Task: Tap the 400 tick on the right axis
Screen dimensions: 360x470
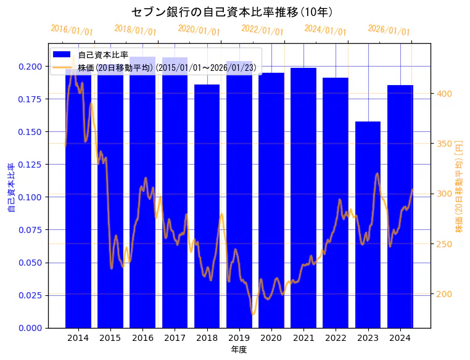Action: pyautogui.click(x=445, y=94)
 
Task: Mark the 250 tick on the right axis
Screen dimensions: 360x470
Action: pyautogui.click(x=445, y=244)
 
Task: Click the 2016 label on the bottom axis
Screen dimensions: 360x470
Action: pyautogui.click(x=142, y=338)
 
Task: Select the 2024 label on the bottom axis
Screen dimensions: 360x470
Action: pyautogui.click(x=400, y=338)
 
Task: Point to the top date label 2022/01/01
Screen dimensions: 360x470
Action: pyautogui.click(x=262, y=30)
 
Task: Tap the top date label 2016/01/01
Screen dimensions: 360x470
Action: pyautogui.click(x=72, y=30)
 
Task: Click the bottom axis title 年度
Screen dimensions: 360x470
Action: pyautogui.click(x=239, y=350)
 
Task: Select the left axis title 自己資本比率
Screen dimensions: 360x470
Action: pyautogui.click(x=11, y=188)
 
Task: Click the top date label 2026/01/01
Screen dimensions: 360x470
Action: pyautogui.click(x=389, y=30)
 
